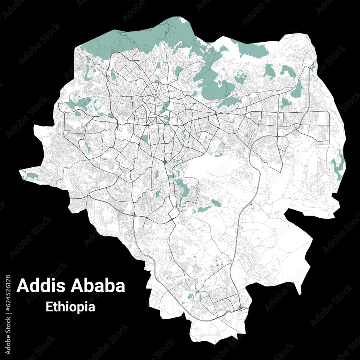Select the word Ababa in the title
pos(98,285)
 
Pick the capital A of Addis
pos(23,285)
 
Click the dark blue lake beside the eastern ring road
pos(251,205)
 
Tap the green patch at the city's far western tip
pos(31,176)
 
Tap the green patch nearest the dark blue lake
pos(216,203)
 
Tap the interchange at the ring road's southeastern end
pos(245,309)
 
